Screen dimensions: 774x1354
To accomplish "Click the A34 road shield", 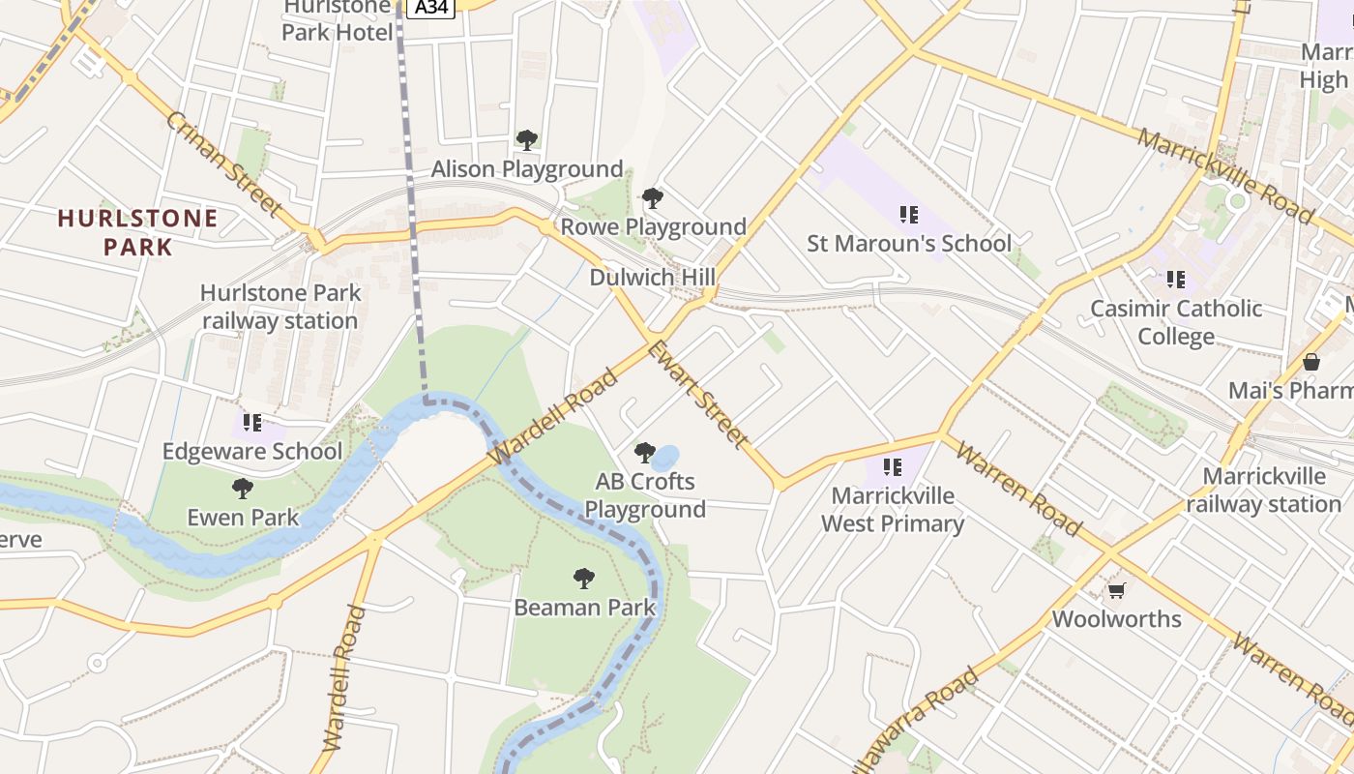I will (x=430, y=8).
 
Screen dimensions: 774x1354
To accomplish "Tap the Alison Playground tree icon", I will (x=527, y=140).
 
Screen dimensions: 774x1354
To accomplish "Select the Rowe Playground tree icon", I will (x=653, y=198).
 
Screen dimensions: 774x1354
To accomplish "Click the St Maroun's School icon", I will (x=908, y=214).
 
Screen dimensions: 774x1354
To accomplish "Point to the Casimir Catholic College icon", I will (x=1176, y=280).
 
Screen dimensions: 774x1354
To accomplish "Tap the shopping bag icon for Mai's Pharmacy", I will (x=1311, y=362).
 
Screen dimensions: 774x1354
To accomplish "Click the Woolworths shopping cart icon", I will (x=1116, y=590).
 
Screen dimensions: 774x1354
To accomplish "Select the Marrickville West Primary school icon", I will (x=893, y=467).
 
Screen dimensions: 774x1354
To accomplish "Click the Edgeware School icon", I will (x=252, y=422).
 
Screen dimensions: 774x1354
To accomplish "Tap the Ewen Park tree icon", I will (x=243, y=489).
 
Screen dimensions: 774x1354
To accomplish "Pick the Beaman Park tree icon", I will (x=584, y=579).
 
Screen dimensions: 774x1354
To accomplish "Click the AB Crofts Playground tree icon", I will (x=644, y=452).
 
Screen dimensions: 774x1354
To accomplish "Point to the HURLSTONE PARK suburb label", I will (x=137, y=232).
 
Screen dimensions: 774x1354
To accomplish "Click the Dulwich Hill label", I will (x=653, y=278).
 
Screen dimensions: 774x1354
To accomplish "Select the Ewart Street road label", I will (x=697, y=395).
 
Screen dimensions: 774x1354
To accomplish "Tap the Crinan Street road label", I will (x=223, y=164).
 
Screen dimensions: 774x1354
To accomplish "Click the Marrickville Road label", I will (x=1224, y=175).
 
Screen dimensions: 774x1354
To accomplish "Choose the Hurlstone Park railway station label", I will (x=280, y=307).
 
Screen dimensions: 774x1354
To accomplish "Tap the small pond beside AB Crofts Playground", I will (x=666, y=457).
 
